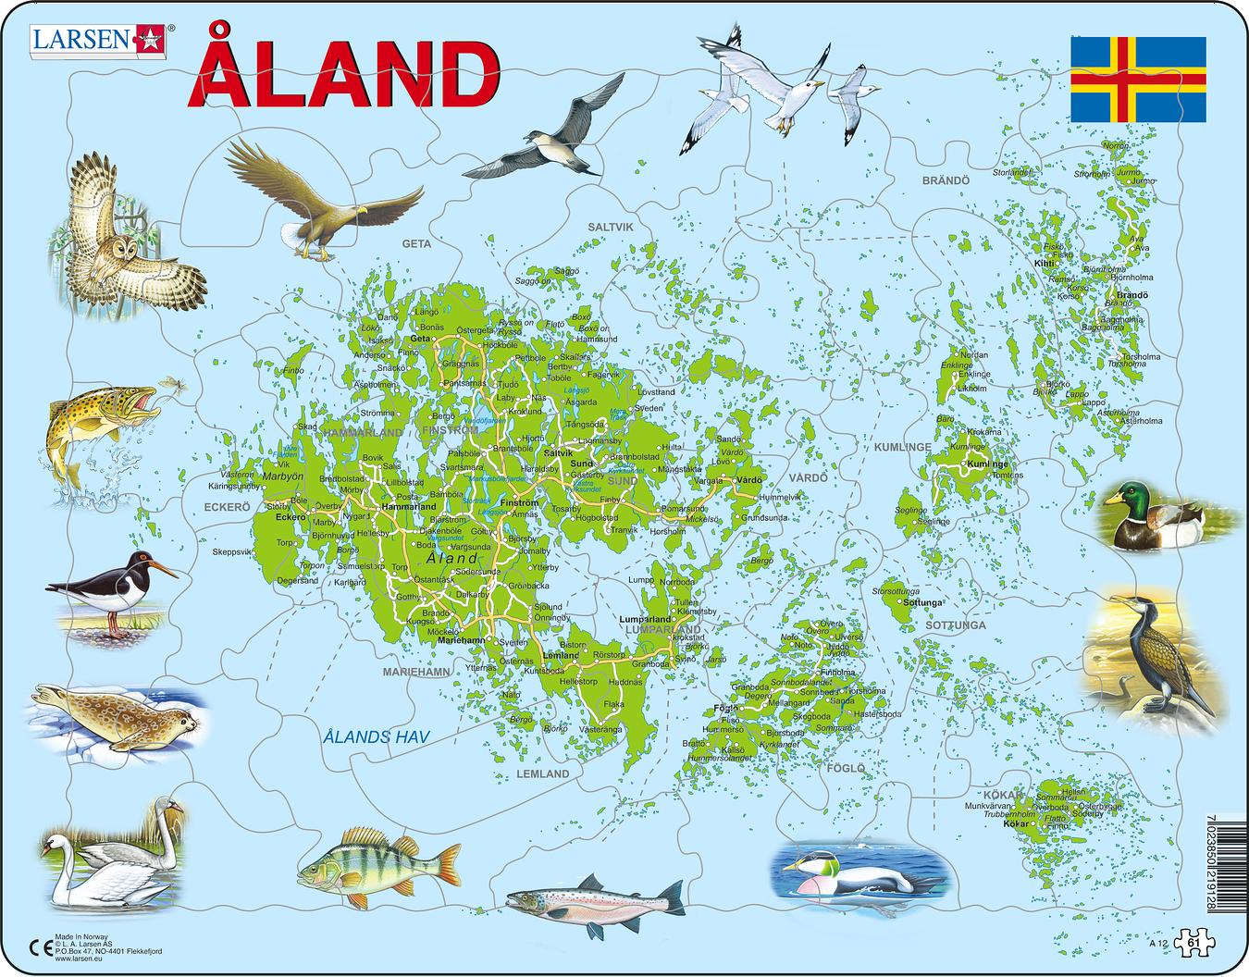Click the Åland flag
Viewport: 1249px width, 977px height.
pyautogui.click(x=1138, y=80)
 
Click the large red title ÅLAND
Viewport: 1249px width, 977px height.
pyautogui.click(x=343, y=76)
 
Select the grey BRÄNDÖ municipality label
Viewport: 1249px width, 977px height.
pyautogui.click(x=945, y=180)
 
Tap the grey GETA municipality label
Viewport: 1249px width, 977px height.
pyautogui.click(x=416, y=244)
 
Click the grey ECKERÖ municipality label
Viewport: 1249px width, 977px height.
pyautogui.click(x=228, y=507)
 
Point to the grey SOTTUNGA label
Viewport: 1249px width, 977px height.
pyautogui.click(x=955, y=625)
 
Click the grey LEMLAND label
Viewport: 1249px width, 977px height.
pyautogui.click(x=543, y=773)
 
